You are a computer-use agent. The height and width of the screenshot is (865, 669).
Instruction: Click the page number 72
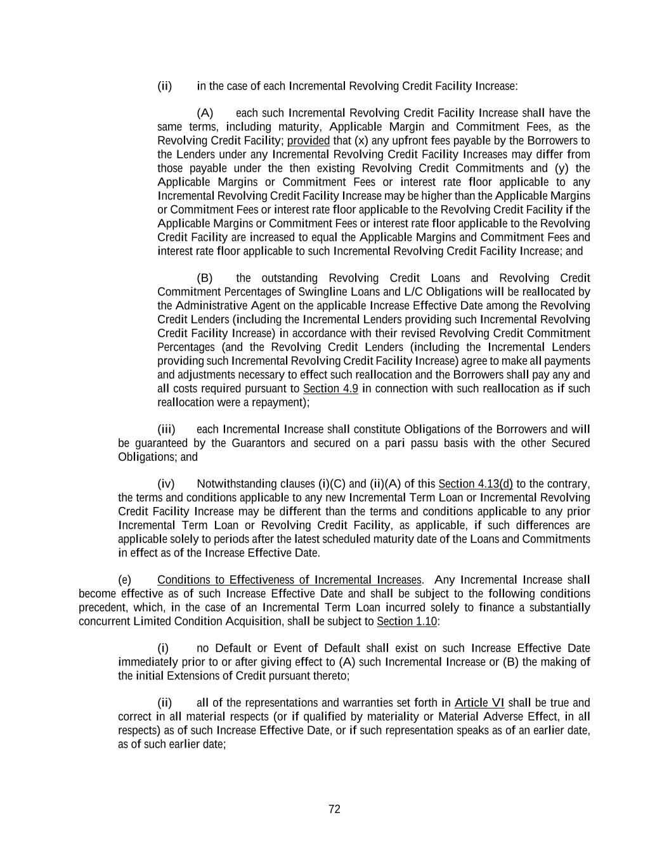pyautogui.click(x=334, y=809)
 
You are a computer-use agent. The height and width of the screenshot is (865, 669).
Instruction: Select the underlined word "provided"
pyautogui.click(x=308, y=141)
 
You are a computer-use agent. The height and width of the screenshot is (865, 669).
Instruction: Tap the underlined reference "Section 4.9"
pyautogui.click(x=330, y=388)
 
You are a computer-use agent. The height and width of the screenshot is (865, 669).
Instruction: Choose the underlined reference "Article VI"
pyautogui.click(x=479, y=703)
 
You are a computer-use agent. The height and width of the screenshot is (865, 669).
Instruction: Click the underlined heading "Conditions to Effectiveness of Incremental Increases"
pyautogui.click(x=289, y=580)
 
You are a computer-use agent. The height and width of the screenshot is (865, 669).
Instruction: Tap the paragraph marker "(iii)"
pyautogui.click(x=166, y=430)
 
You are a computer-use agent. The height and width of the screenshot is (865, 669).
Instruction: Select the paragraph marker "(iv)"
pyautogui.click(x=166, y=484)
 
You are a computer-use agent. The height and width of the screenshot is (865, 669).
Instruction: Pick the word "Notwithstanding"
pyautogui.click(x=232, y=484)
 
